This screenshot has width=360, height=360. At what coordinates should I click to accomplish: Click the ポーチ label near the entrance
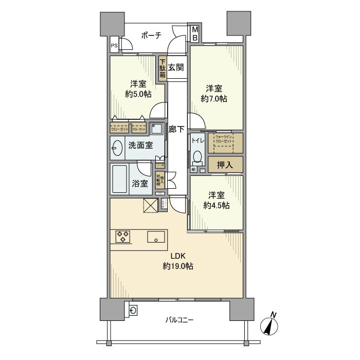(x=151, y=35)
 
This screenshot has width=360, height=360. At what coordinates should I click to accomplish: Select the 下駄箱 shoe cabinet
(x=162, y=67)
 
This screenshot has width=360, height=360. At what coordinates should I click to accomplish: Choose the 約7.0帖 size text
(x=215, y=98)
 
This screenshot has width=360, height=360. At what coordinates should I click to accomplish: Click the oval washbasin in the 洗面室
(x=116, y=148)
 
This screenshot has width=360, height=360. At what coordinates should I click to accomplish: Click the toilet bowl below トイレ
(x=197, y=156)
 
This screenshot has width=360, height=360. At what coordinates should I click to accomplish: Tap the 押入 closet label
(x=225, y=165)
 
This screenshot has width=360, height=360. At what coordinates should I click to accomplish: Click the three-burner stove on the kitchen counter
(x=123, y=236)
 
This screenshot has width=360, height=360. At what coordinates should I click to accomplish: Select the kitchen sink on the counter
(x=156, y=237)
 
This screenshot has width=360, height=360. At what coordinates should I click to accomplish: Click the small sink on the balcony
(x=133, y=310)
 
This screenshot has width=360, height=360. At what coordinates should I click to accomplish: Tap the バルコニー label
(x=179, y=320)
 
